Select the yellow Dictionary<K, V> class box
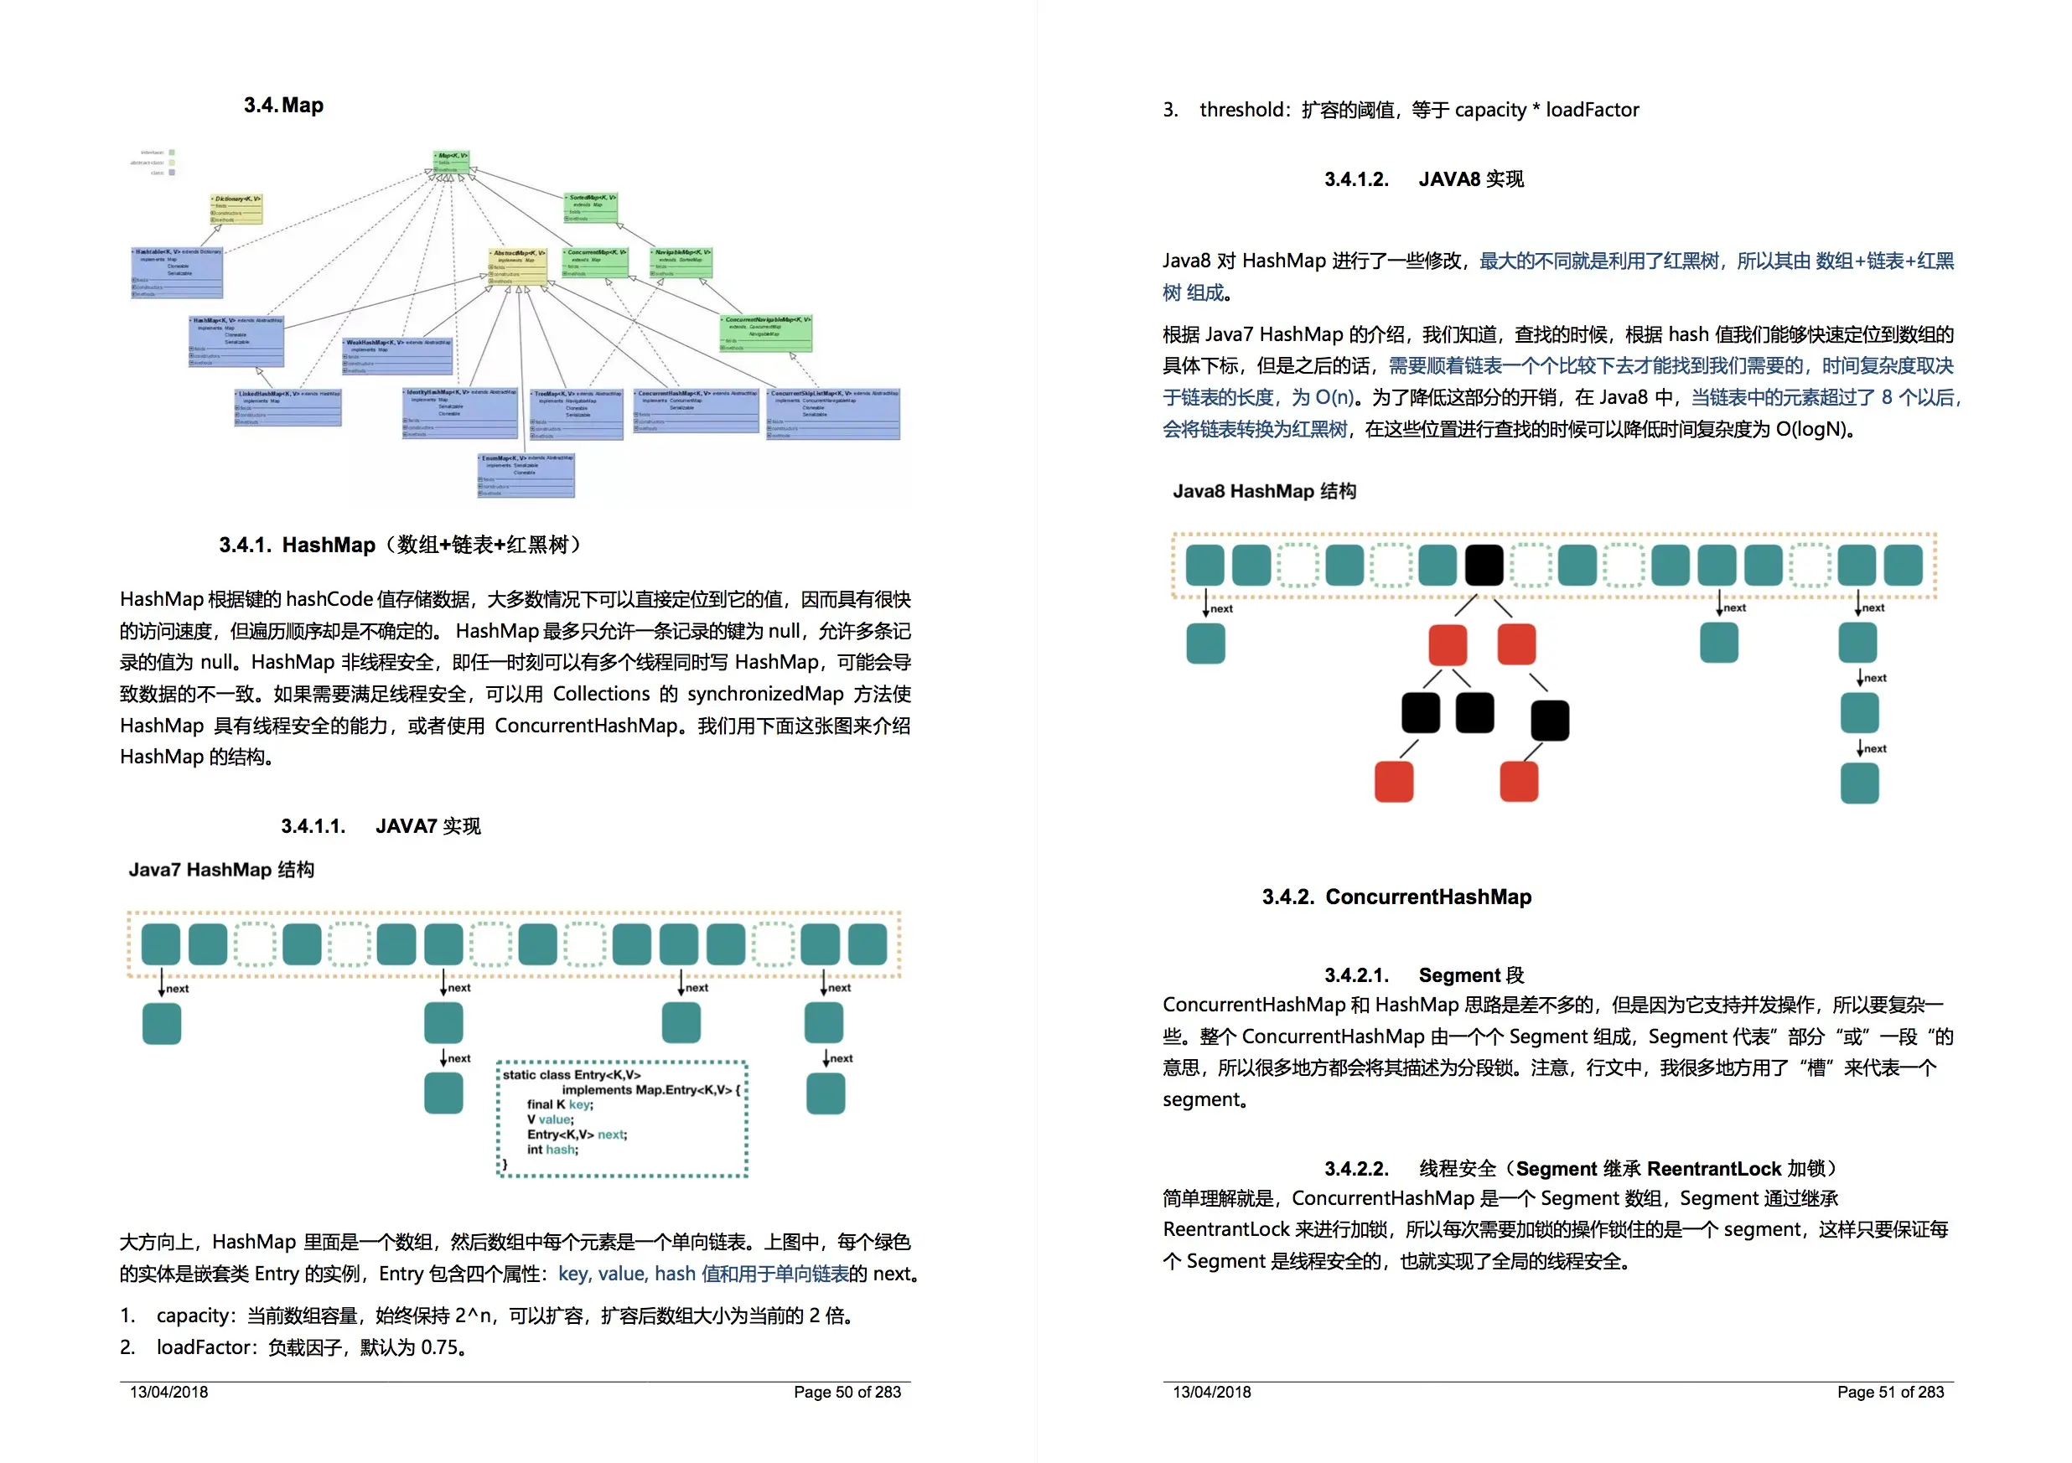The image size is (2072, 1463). click(236, 209)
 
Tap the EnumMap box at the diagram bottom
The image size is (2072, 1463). click(526, 475)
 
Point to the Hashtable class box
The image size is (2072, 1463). click(178, 272)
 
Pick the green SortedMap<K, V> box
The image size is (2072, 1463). click(591, 208)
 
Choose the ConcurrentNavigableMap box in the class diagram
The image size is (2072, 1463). click(766, 333)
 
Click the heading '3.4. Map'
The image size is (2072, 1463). click(283, 106)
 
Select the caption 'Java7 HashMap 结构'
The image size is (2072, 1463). click(221, 870)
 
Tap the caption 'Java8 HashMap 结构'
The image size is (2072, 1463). click(1263, 491)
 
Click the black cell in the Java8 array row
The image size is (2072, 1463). click(1484, 566)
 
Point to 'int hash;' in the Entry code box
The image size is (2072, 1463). click(552, 1149)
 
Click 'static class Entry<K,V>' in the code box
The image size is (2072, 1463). click(572, 1074)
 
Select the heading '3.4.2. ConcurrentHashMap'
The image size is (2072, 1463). click(1396, 897)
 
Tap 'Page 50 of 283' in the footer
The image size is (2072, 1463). click(847, 1392)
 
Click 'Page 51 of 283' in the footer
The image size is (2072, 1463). click(1890, 1392)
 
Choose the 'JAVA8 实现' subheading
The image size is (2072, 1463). click(1470, 179)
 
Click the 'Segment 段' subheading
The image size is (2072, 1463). click(1470, 975)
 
